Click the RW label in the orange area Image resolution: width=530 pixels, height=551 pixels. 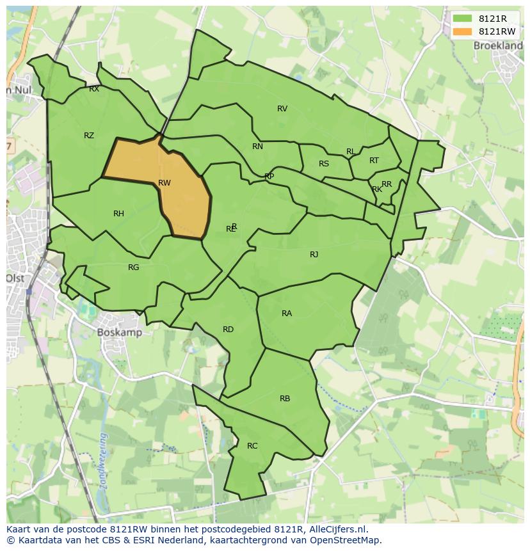pyautogui.click(x=165, y=183)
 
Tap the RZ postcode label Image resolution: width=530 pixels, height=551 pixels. pyautogui.click(x=89, y=136)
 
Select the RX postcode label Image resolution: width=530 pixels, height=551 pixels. pyautogui.click(x=94, y=90)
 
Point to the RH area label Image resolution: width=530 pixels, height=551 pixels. pyautogui.click(x=118, y=214)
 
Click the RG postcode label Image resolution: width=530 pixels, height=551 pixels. pyautogui.click(x=133, y=268)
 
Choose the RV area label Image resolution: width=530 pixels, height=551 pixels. pyautogui.click(x=282, y=109)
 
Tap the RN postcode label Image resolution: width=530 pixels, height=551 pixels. pyautogui.click(x=257, y=147)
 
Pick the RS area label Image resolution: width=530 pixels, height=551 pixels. pyautogui.click(x=324, y=164)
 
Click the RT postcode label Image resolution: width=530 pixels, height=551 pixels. pyautogui.click(x=374, y=161)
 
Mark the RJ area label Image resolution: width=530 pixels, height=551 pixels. pyautogui.click(x=314, y=255)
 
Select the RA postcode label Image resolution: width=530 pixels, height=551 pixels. pyautogui.click(x=287, y=314)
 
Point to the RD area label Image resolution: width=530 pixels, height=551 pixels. pyautogui.click(x=228, y=330)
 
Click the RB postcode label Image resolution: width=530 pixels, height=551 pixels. pyautogui.click(x=285, y=399)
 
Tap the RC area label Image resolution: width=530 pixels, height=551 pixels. pyautogui.click(x=252, y=446)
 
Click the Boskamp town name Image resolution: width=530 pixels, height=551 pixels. pyautogui.click(x=120, y=333)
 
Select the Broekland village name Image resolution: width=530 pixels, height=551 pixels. pyautogui.click(x=498, y=46)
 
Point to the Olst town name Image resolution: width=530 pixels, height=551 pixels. pyautogui.click(x=15, y=278)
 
